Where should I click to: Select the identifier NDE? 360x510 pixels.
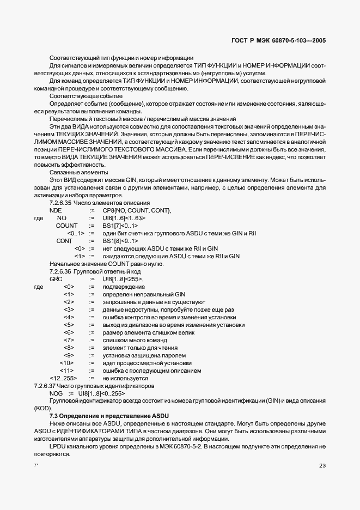pos(56,210)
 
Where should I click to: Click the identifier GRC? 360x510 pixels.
pos(56,279)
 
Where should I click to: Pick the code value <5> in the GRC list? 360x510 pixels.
pos(69,325)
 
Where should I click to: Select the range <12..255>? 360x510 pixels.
pos(63,378)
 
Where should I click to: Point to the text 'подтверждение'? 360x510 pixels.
pos(124,287)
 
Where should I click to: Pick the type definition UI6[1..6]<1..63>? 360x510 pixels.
pos(124,218)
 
